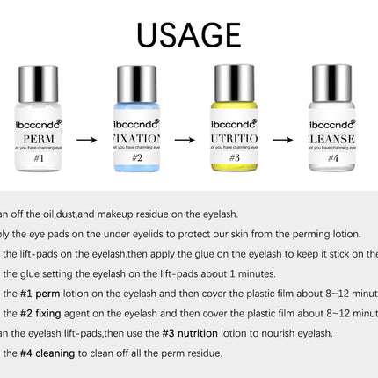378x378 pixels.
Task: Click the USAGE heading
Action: point(189,34)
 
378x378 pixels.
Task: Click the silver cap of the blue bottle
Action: point(137,86)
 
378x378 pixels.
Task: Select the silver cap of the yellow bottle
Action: point(235,86)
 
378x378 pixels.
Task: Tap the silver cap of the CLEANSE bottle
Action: point(332,86)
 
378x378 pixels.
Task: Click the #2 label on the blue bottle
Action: point(137,159)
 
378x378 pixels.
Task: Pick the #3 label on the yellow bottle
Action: point(235,159)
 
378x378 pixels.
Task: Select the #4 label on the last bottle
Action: point(332,159)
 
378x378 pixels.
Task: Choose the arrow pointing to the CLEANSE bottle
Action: point(283,138)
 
